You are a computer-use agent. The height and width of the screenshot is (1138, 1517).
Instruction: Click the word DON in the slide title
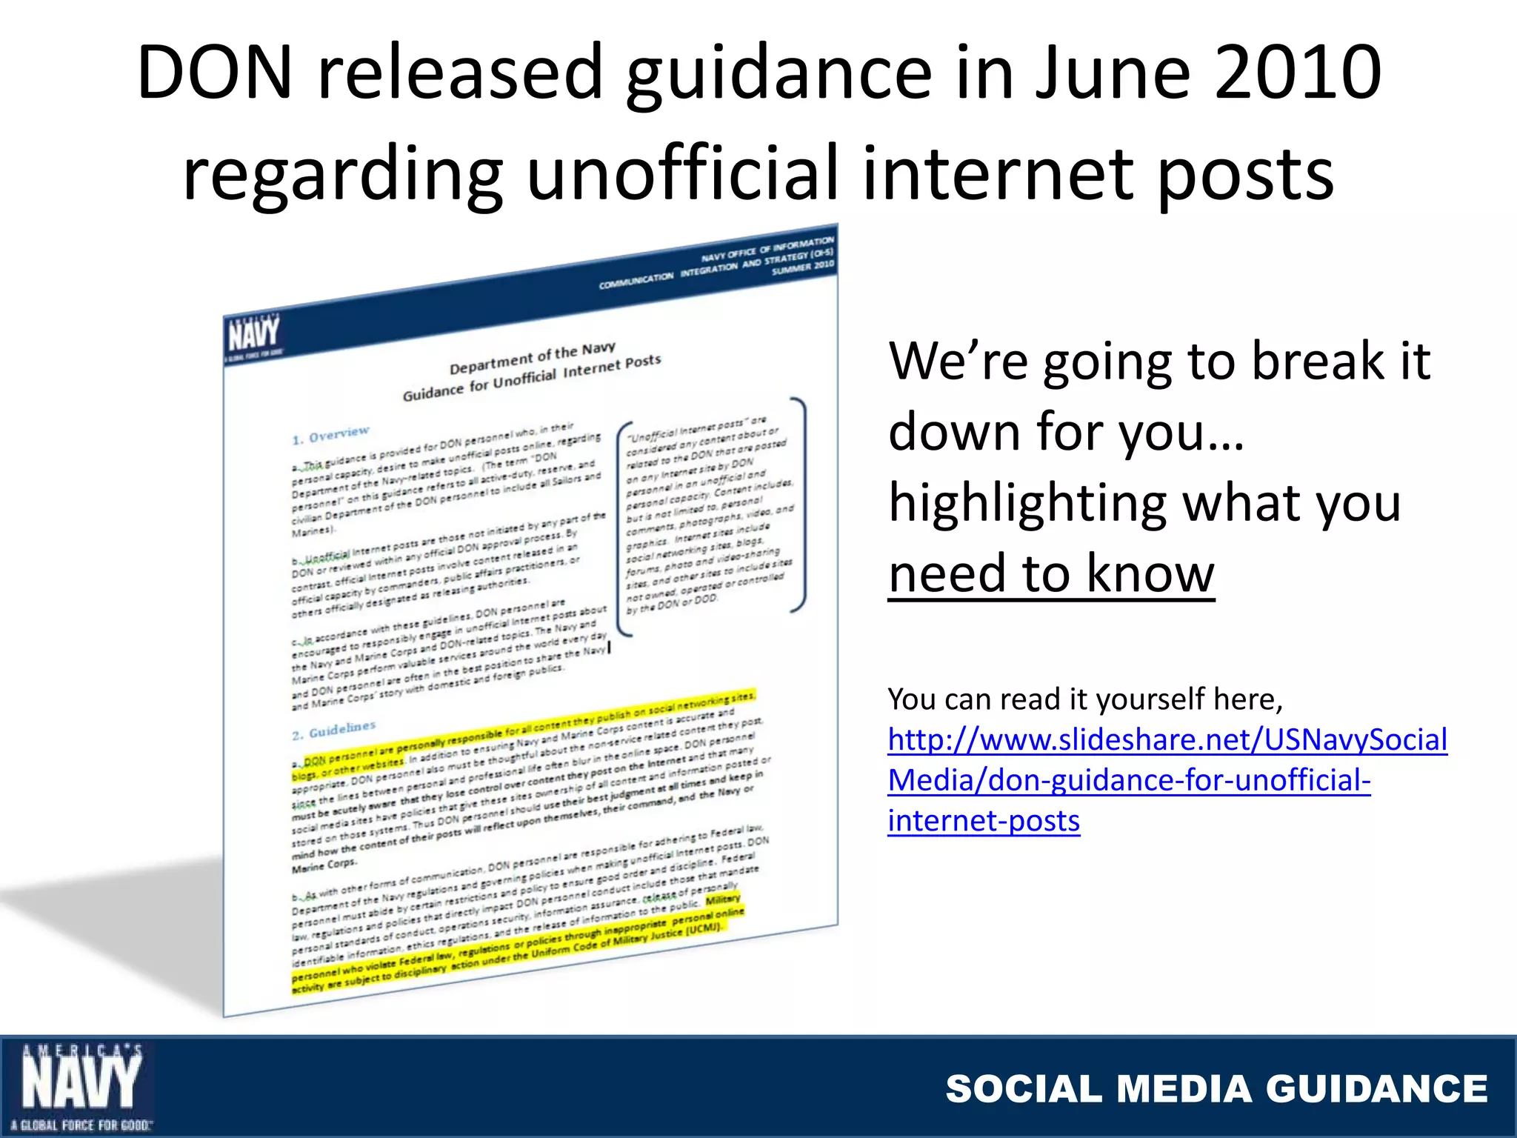pyautogui.click(x=215, y=73)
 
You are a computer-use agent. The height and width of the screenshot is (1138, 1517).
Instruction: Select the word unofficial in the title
pyautogui.click(x=682, y=173)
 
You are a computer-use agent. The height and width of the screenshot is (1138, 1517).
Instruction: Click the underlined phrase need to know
pyautogui.click(x=1051, y=574)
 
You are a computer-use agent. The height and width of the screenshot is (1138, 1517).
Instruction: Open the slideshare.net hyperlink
pyautogui.click(x=1167, y=779)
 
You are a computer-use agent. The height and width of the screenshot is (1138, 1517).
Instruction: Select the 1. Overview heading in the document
pyautogui.click(x=330, y=436)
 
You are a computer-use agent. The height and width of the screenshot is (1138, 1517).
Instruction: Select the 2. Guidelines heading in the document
pyautogui.click(x=333, y=731)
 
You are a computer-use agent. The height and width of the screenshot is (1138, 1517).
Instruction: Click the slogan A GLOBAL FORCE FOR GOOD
pyautogui.click(x=81, y=1125)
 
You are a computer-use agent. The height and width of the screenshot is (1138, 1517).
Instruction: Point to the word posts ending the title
pyautogui.click(x=1244, y=173)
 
